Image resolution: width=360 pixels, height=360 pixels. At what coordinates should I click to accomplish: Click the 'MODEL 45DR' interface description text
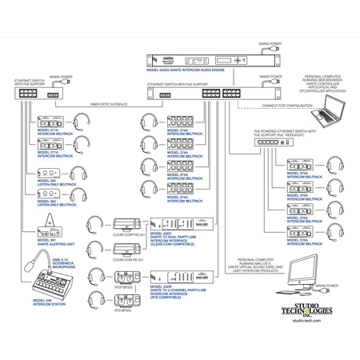[x=182, y=291]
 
